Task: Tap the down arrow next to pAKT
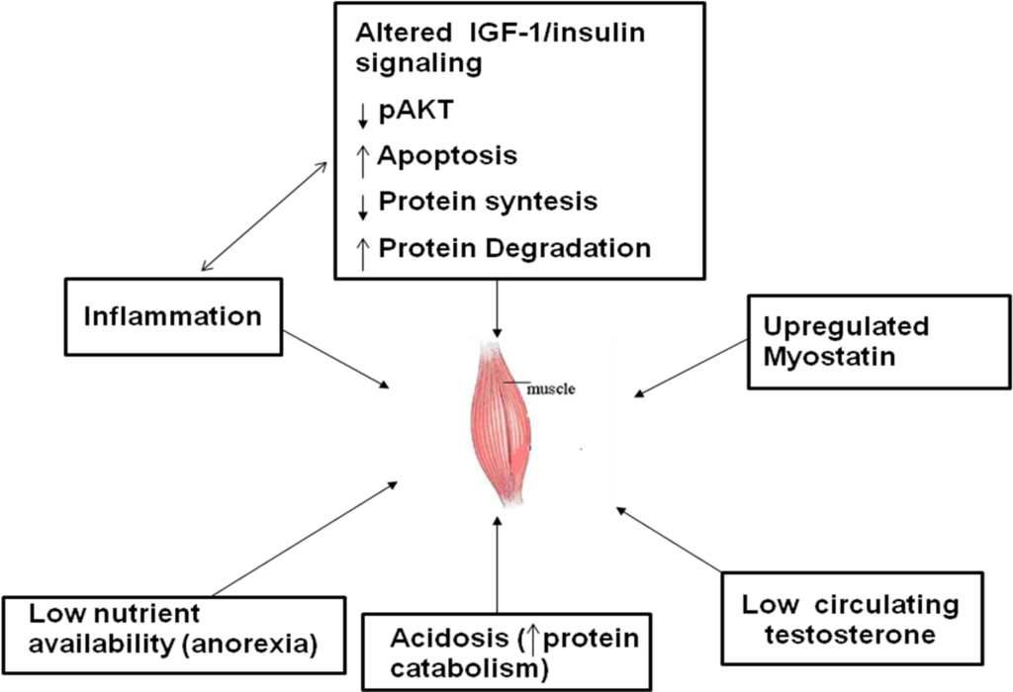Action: click(x=363, y=115)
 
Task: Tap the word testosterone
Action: click(x=837, y=634)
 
